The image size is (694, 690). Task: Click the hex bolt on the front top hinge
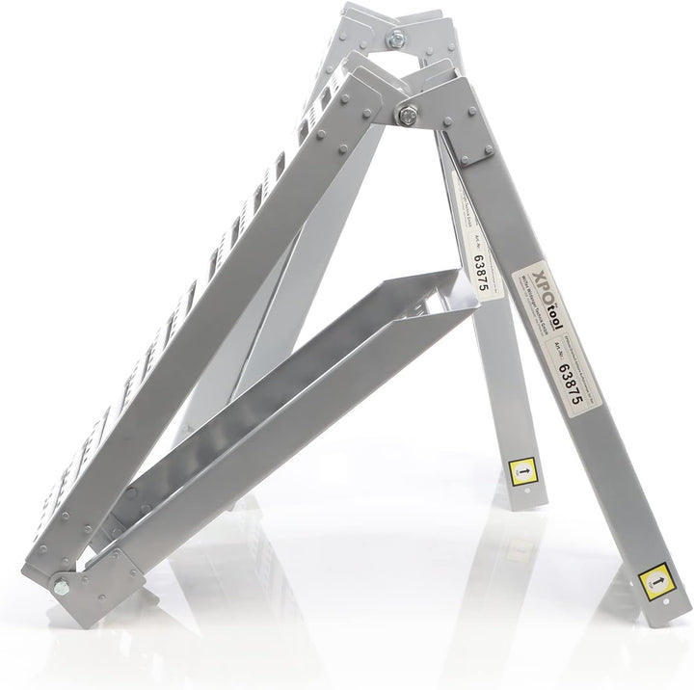[406, 113]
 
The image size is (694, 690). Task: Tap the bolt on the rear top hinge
[396, 40]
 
